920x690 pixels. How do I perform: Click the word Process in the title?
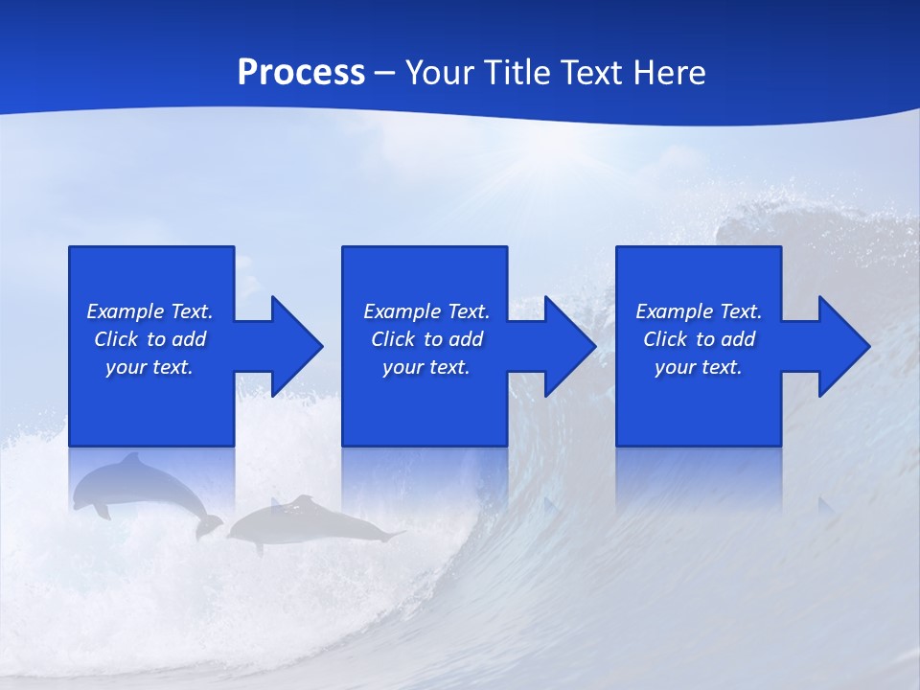point(301,73)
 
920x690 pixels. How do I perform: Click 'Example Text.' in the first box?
point(149,311)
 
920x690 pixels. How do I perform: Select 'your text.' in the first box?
point(149,367)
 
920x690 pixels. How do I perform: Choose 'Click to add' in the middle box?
point(426,339)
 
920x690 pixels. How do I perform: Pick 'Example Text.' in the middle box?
point(426,311)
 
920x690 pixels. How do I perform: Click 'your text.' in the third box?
point(699,367)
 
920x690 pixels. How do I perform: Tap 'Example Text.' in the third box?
point(699,311)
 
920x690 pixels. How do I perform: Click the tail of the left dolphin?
point(209,525)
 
